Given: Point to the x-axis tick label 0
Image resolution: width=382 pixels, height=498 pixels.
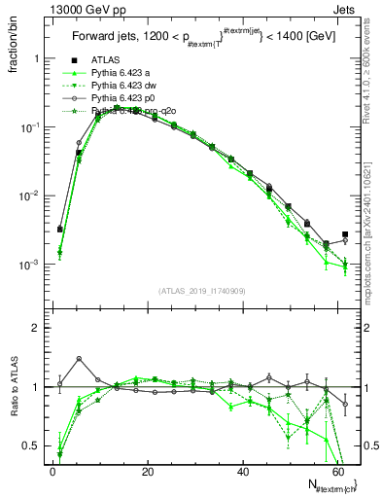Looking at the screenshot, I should pos(52,471).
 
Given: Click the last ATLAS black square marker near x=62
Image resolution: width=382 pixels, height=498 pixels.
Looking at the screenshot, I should pos(345,234).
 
